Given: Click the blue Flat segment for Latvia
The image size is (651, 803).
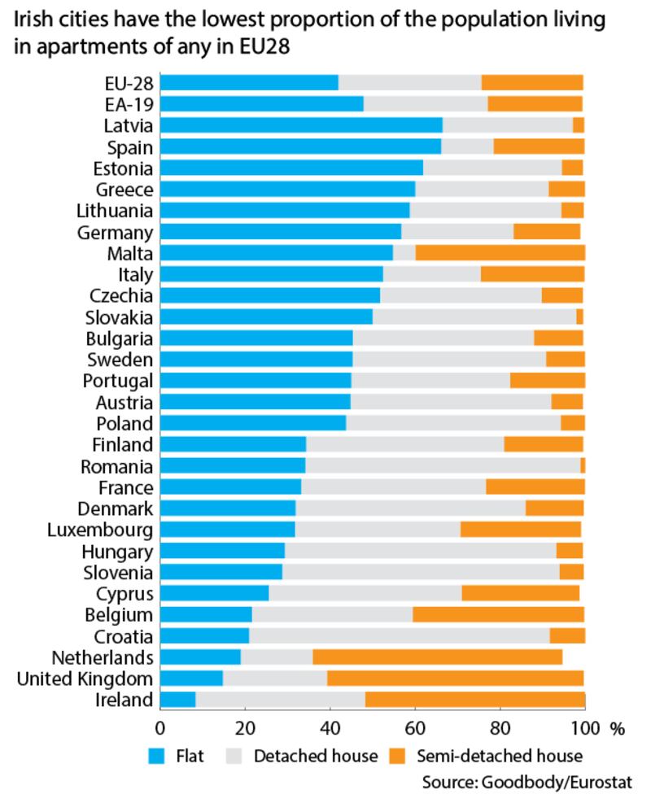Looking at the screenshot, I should tap(301, 125).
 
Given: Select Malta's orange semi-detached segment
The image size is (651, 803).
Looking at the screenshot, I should tap(500, 253).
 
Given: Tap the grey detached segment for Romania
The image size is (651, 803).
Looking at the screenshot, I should tap(443, 466).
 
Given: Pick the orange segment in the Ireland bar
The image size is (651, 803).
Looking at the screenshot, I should tap(474, 700).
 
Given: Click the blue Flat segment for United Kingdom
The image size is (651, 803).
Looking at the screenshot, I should tap(191, 679).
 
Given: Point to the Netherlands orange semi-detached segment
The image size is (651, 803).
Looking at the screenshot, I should tap(437, 657).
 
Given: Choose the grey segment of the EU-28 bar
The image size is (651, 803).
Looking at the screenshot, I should tap(409, 82).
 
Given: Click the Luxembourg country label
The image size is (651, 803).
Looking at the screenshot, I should tap(101, 530).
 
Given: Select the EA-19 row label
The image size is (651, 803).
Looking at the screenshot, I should tap(129, 104).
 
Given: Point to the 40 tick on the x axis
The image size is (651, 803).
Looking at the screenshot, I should tap(330, 727).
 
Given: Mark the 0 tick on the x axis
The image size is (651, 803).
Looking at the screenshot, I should tap(160, 727).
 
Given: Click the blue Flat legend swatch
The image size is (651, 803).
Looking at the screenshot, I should tap(158, 757).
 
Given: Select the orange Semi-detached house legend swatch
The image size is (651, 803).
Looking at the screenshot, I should tap(396, 757).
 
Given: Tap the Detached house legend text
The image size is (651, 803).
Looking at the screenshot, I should tap(316, 757).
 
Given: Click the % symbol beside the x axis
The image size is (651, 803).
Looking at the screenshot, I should tap(618, 727).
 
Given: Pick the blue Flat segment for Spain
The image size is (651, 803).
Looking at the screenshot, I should tap(300, 146).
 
